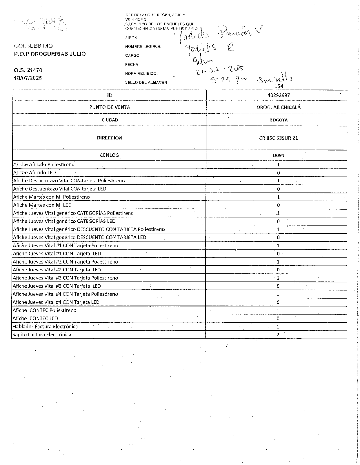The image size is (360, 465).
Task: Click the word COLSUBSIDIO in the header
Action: tap(33, 46)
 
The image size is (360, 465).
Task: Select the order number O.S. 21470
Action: tap(28, 70)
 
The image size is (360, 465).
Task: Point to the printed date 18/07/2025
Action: tap(28, 78)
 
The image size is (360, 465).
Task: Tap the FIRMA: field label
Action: tap(132, 37)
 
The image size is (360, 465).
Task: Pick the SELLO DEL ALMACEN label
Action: tap(146, 82)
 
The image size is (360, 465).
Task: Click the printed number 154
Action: tap(279, 86)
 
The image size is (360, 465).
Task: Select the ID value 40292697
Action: tap(279, 95)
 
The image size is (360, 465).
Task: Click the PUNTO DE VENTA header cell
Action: tap(110, 107)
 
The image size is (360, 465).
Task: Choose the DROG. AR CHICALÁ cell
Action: tap(279, 107)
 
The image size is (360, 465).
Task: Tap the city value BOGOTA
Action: tap(279, 120)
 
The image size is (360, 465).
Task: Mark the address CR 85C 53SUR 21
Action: tap(279, 138)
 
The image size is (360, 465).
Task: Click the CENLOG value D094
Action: tap(279, 155)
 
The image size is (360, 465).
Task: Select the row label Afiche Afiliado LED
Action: tap(35, 173)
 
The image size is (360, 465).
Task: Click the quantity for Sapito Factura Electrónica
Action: tap(278, 335)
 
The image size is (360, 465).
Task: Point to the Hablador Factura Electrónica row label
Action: tap(45, 326)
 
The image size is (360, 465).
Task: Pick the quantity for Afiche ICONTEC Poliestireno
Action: tap(278, 310)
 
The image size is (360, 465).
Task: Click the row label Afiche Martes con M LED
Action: tap(42, 205)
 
